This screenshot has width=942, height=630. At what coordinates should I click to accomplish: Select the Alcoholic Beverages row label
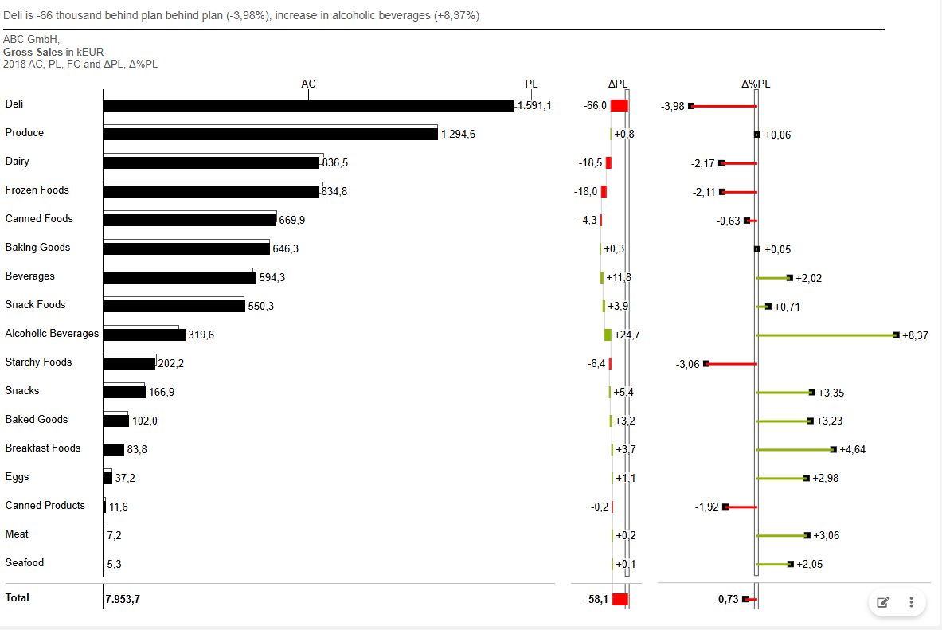pos(52,334)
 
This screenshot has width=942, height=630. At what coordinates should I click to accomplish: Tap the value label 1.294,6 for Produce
pos(458,135)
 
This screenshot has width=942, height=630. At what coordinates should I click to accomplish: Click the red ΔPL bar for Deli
pos(620,106)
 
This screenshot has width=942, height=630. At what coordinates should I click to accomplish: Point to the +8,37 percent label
pos(915,335)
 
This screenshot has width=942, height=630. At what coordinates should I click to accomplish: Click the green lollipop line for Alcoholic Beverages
pos(825,335)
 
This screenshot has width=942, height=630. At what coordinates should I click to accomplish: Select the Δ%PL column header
pos(756,84)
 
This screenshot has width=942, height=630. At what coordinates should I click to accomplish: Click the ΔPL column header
pos(618,84)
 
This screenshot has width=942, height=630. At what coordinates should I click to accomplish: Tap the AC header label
pos(308,84)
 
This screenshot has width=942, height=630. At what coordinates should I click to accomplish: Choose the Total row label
pos(18,597)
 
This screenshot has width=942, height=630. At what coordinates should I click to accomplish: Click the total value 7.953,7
pos(123,600)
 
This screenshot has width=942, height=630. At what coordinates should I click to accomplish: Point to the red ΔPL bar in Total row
pos(620,600)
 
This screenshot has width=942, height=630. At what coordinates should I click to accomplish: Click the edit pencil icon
pos(882,602)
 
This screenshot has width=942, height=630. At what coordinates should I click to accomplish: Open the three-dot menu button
pos(911,602)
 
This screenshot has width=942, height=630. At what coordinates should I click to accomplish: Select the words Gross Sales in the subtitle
pos(33,52)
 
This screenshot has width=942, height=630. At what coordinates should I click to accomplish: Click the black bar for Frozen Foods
pos(210,192)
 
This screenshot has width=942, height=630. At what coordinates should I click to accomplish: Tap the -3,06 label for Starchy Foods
pos(687,364)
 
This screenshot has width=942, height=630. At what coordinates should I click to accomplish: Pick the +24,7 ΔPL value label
pos(627,335)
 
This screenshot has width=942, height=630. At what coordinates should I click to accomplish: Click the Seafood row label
pos(25,563)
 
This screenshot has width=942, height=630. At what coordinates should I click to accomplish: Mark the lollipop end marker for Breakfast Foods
pos(833,450)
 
